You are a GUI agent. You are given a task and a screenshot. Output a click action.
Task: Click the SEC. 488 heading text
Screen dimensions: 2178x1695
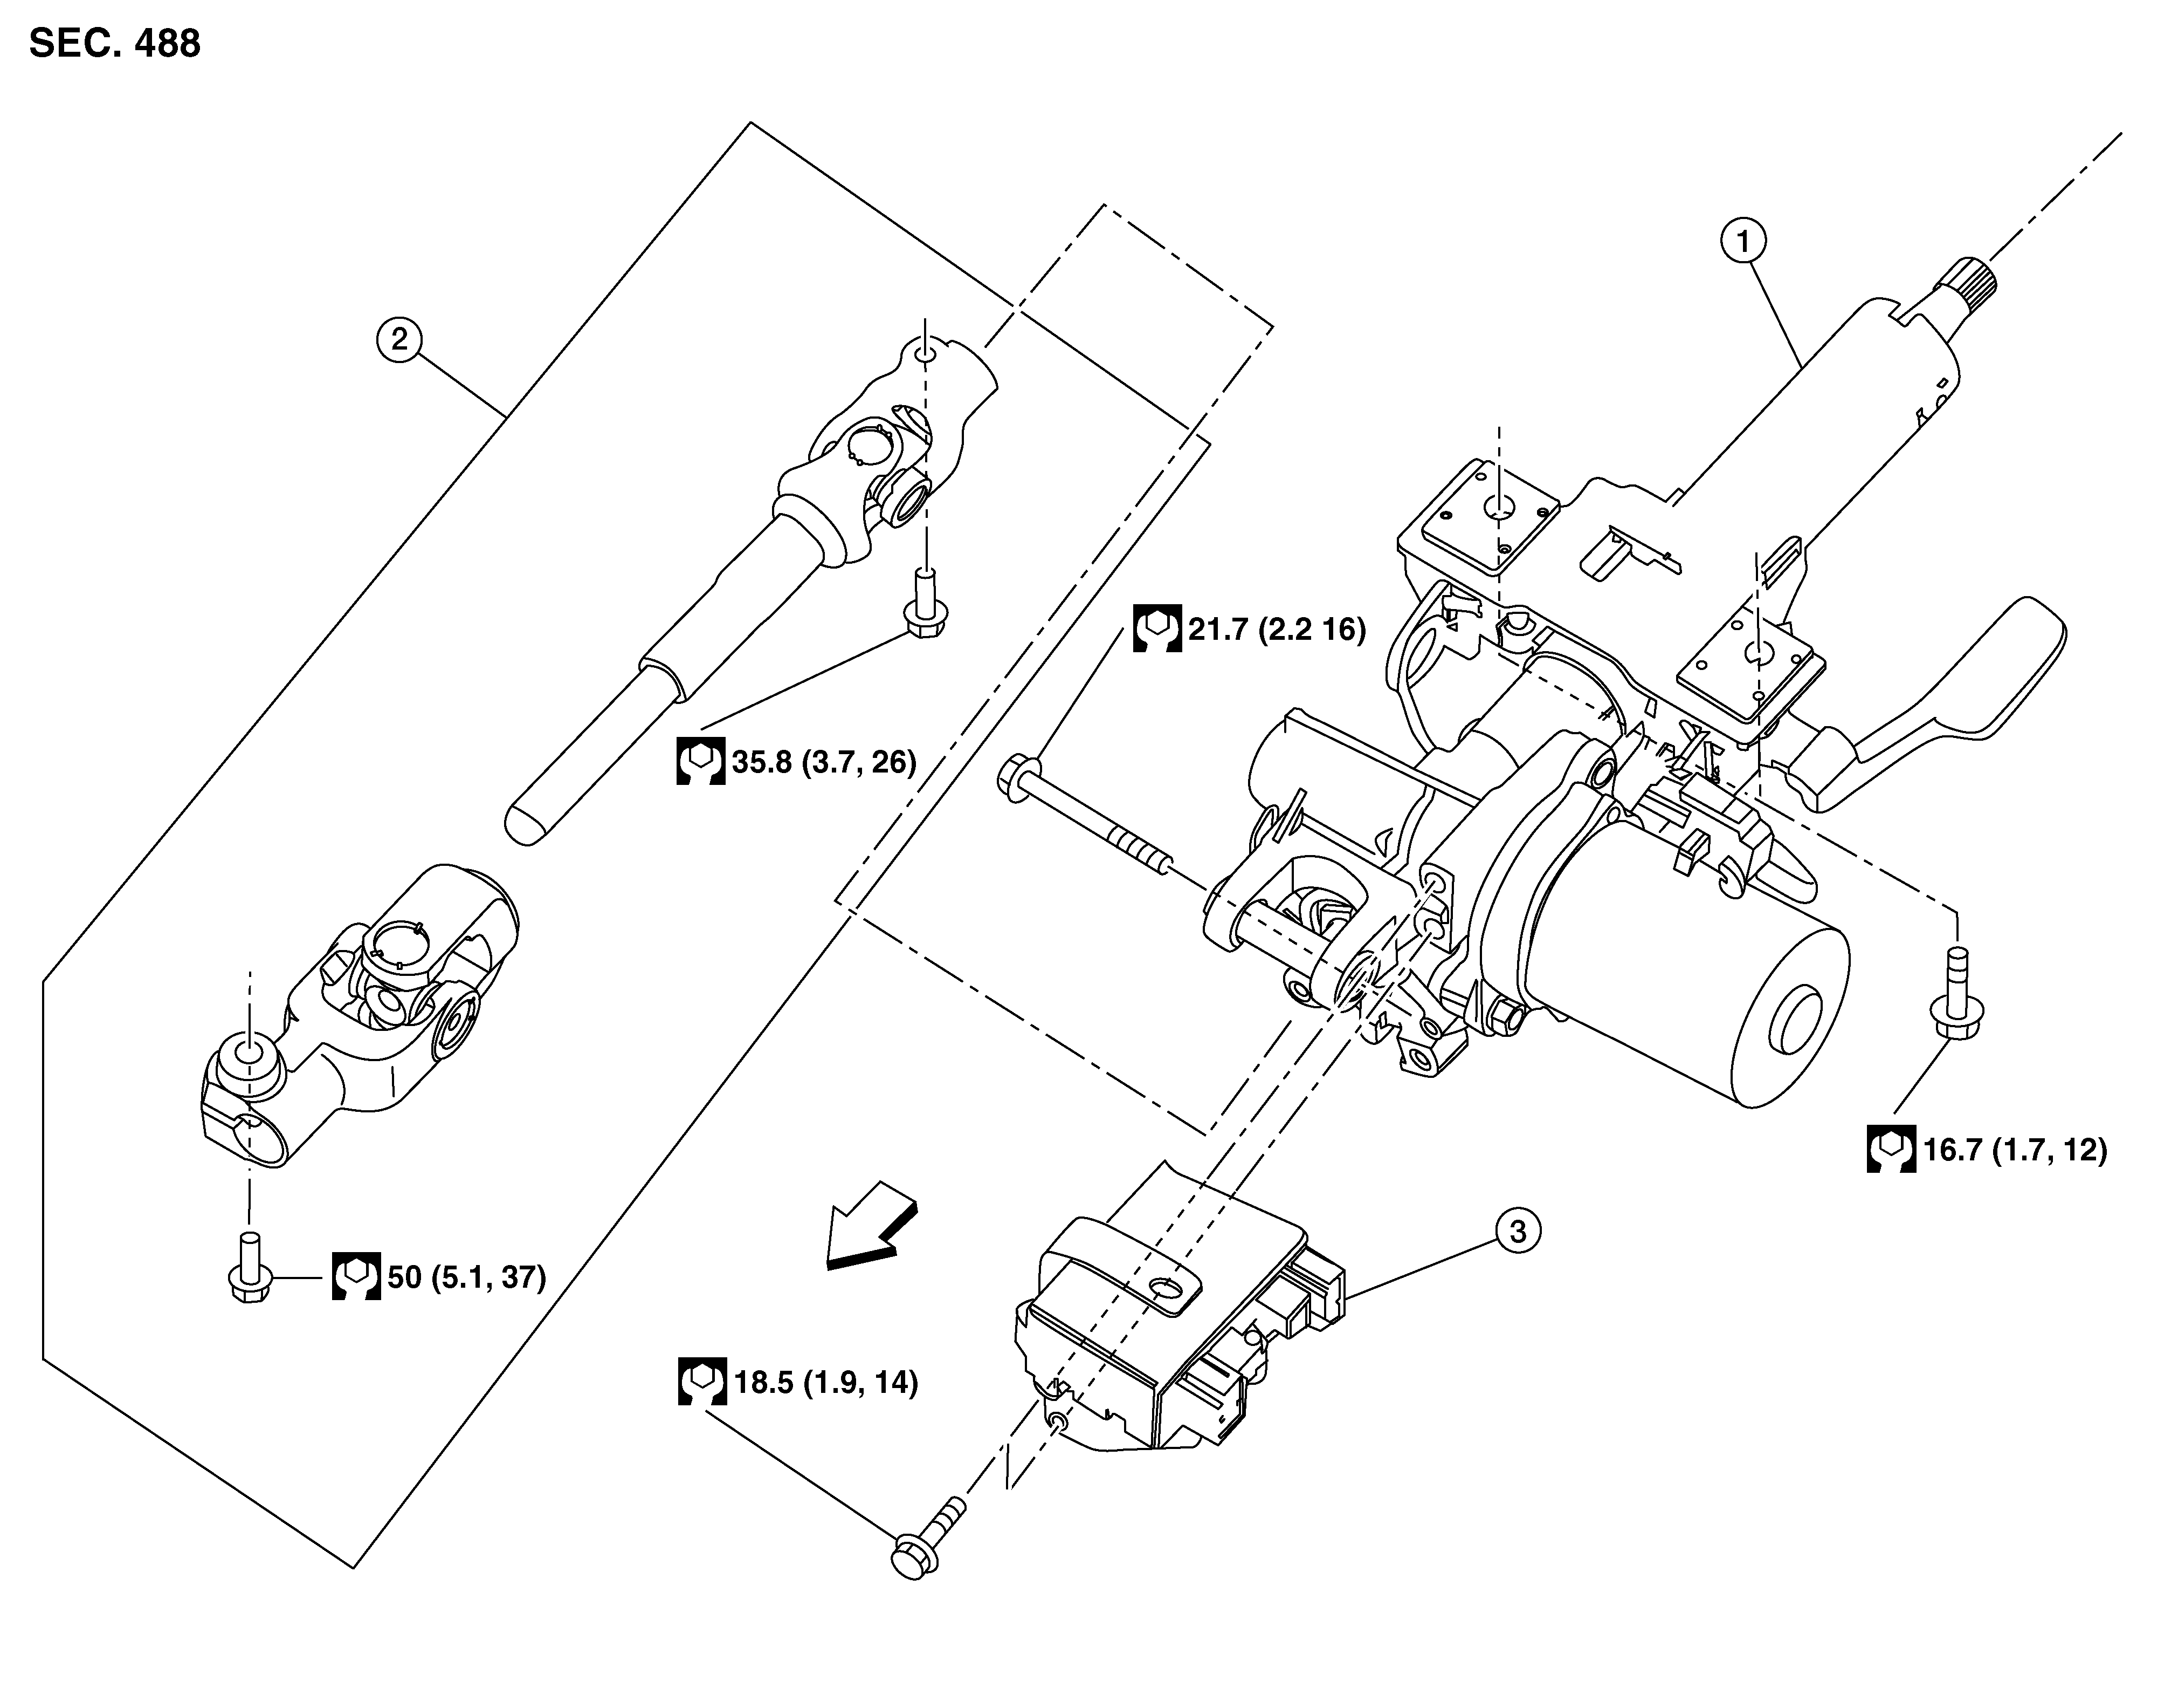[115, 44]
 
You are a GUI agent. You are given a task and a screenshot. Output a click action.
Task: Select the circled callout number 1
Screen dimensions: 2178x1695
[1742, 242]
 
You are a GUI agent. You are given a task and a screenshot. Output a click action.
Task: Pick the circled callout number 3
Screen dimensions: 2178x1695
[1517, 1232]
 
